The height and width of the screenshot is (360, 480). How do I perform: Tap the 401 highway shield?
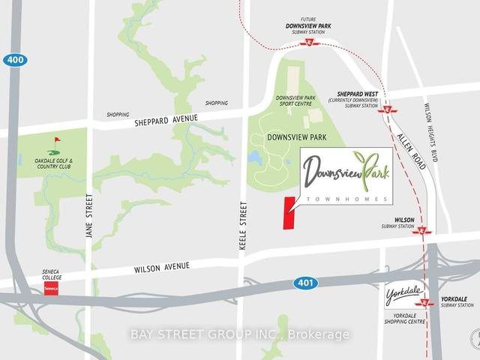point(306,283)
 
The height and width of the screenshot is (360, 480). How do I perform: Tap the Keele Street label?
point(241,224)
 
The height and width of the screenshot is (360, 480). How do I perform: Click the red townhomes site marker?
point(287,212)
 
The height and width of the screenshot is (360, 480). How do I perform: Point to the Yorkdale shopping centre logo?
point(403,292)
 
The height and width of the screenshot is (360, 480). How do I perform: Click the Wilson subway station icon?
point(423,231)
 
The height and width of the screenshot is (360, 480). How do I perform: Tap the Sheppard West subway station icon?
point(388,109)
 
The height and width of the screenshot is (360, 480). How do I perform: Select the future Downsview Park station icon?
point(309,43)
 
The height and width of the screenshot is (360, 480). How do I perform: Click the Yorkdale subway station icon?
point(425,303)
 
